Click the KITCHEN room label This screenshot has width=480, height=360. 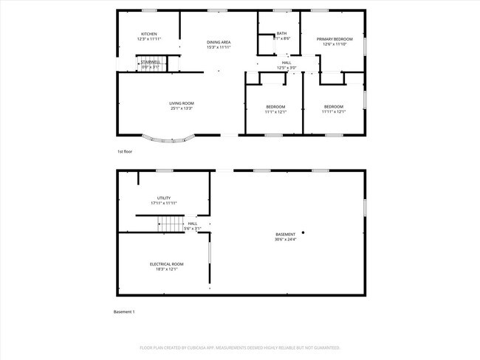(x=149, y=35)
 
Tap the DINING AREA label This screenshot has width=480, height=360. (x=219, y=43)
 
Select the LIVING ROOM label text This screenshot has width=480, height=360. (x=181, y=104)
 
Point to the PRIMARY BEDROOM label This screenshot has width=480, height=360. (x=335, y=39)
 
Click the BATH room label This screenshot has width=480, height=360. (x=281, y=33)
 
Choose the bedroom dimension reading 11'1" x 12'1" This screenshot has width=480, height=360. (x=275, y=112)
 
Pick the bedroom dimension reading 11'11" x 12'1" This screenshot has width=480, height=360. (x=334, y=112)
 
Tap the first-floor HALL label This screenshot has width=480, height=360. (x=286, y=63)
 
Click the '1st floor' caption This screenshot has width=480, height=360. (x=125, y=151)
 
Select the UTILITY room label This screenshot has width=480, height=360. (x=164, y=198)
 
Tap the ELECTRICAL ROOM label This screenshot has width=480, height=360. (x=166, y=264)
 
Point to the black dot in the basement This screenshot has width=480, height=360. (x=303, y=232)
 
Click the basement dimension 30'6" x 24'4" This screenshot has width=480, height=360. (x=286, y=239)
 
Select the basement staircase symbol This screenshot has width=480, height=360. (x=171, y=224)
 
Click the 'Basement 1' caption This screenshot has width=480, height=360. (x=124, y=312)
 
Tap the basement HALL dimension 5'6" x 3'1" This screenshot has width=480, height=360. (x=192, y=229)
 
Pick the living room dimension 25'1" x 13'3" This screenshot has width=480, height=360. (x=181, y=109)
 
